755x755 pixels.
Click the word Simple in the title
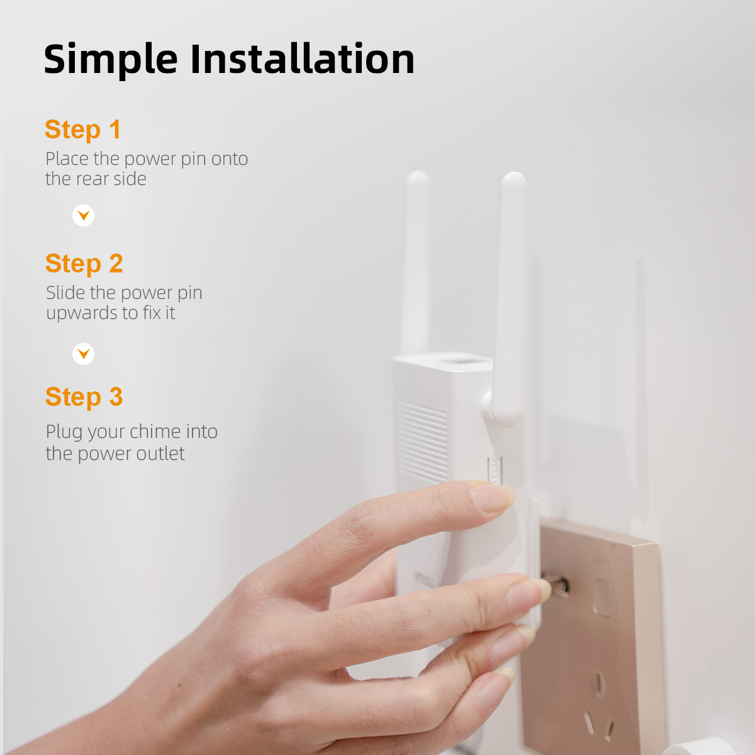(111, 60)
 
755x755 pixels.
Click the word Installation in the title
(302, 59)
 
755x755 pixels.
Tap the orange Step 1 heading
(82, 129)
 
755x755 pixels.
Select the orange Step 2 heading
(84, 263)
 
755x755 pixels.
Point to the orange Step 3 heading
(84, 397)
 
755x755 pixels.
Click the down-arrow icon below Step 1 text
(84, 216)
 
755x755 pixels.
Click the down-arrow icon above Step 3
(84, 354)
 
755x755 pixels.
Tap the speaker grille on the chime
(422, 442)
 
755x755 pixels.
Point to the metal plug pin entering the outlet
(554, 584)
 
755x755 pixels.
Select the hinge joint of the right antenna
(489, 406)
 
